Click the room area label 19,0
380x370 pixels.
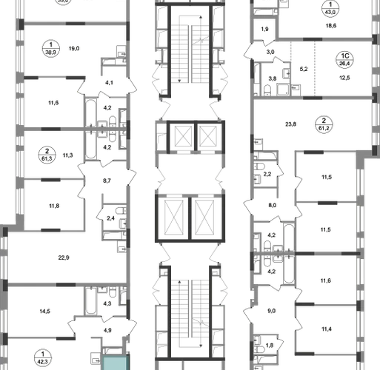[74, 49]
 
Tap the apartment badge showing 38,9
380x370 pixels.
[51, 49]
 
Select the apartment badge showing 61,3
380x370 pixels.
[47, 155]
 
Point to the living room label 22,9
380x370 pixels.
[64, 258]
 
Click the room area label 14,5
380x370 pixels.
[44, 312]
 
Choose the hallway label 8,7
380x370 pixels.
[107, 181]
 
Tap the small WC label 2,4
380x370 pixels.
[110, 218]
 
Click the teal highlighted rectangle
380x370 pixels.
[116, 363]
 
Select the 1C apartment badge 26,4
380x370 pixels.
[344, 60]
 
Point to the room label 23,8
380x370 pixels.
[290, 124]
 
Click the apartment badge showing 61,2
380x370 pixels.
[324, 124]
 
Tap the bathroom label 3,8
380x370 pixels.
[273, 78]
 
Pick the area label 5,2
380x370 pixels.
[304, 69]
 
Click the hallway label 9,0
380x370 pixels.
[271, 311]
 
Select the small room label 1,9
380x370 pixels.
[264, 29]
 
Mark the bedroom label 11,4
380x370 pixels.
[327, 329]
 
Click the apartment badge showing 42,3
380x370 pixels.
[43, 358]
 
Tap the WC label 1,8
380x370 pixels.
[270, 346]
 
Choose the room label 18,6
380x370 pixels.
[331, 26]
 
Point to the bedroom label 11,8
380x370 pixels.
[54, 206]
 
